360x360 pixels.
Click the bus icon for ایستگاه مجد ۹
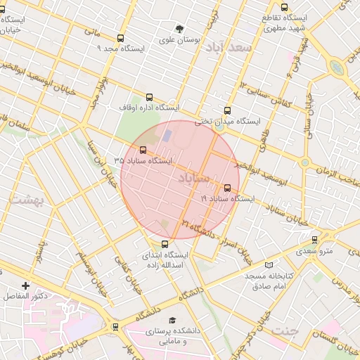coord(120,39)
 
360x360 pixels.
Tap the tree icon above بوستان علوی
coord(180,30)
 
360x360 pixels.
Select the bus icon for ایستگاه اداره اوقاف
coord(148,98)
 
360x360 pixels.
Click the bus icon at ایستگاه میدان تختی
coord(226,110)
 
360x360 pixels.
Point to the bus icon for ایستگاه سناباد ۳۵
coord(143,150)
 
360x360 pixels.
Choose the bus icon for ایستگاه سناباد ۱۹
coord(227,188)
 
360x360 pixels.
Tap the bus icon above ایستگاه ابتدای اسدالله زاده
coord(165,244)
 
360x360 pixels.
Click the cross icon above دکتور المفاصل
coord(25,285)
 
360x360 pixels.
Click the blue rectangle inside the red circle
coord(167,134)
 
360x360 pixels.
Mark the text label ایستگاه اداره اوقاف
coord(148,108)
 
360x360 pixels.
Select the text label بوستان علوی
coord(180,40)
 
